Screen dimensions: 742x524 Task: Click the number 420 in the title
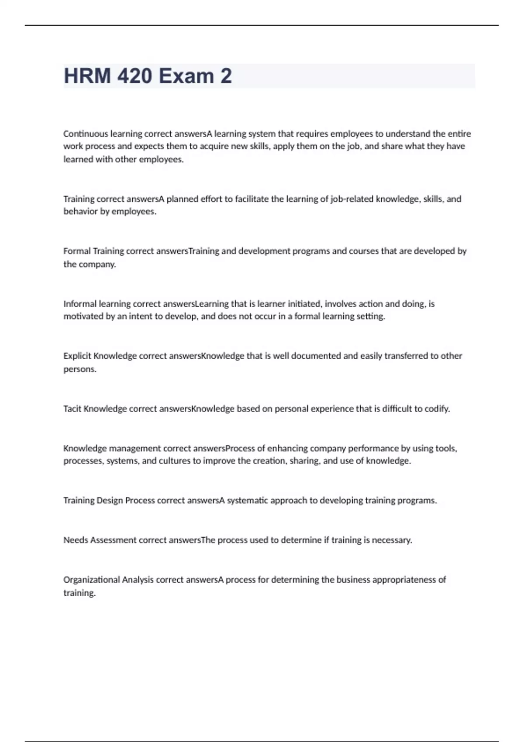tap(134, 76)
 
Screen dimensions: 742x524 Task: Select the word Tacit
tap(72, 409)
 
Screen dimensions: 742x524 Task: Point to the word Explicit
tap(77, 356)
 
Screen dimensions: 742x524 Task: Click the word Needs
tap(76, 540)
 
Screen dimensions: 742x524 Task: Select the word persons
tap(80, 369)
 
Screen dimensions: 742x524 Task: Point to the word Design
tap(110, 500)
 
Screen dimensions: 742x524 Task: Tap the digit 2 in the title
tap(226, 76)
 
